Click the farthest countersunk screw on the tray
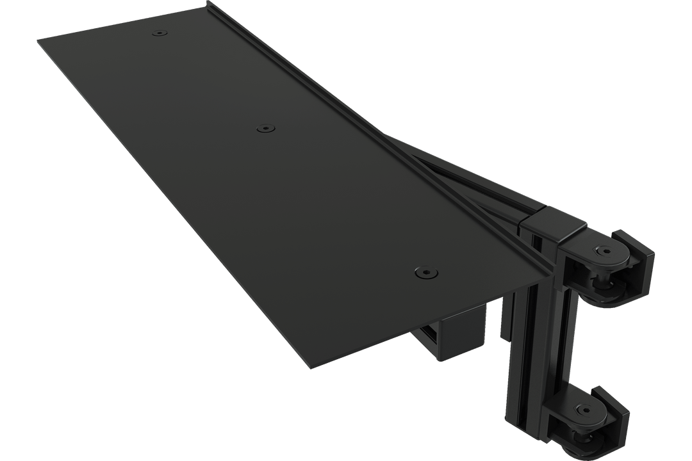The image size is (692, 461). point(158,32)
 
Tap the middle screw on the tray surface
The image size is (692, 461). point(264,129)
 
